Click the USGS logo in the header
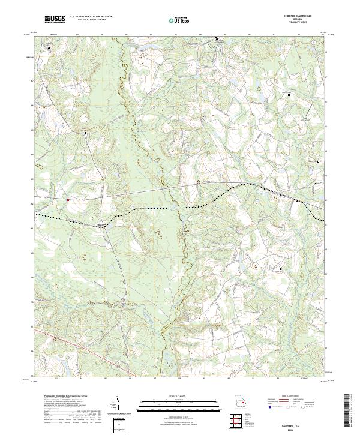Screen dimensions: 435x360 tap(54, 19)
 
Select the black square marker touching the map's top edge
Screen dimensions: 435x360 tap(217, 39)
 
